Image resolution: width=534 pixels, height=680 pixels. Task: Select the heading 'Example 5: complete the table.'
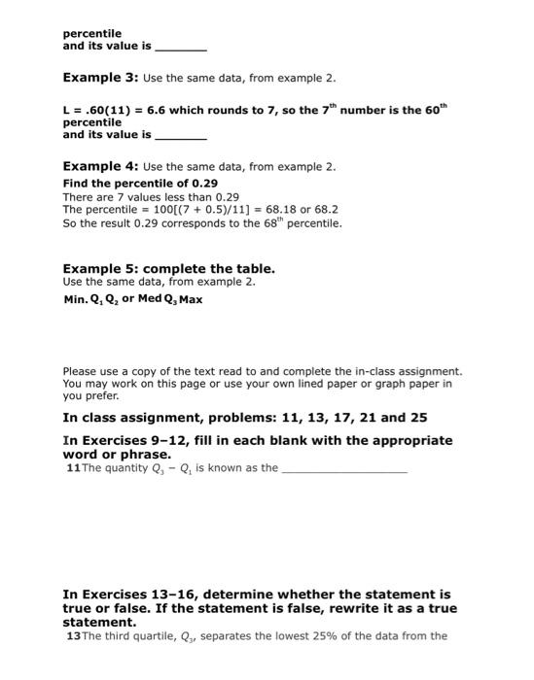168,268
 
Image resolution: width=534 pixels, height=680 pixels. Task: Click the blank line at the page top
180,47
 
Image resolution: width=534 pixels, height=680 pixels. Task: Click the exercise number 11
71,467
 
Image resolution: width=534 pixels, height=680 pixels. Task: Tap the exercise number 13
71,636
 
